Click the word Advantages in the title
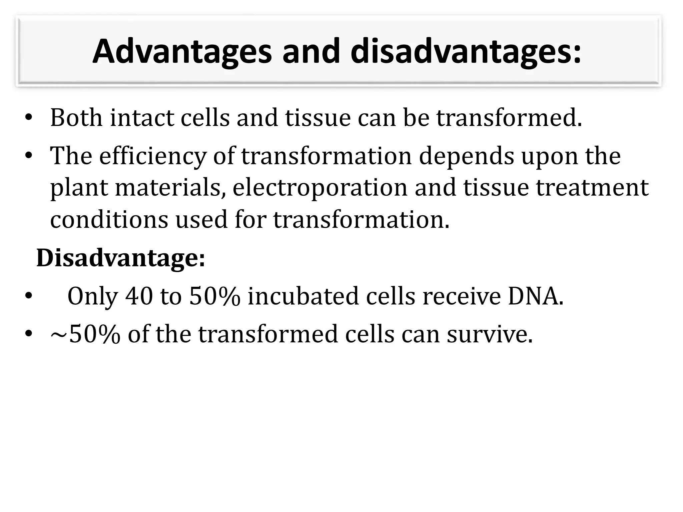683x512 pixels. [182, 52]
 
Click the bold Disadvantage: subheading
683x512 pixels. [120, 258]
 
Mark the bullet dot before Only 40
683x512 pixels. [29, 296]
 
